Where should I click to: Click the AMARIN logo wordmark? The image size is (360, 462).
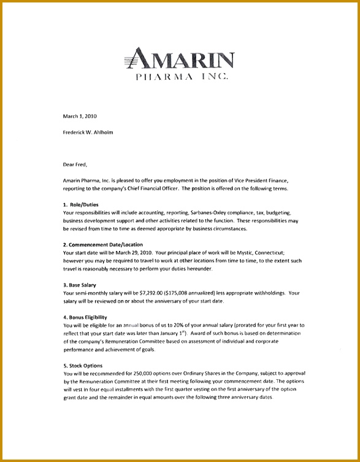[x=179, y=60]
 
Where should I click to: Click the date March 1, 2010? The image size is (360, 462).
[x=80, y=116]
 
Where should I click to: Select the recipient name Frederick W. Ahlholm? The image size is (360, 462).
[x=88, y=132]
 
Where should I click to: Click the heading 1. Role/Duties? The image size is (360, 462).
[x=81, y=204]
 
